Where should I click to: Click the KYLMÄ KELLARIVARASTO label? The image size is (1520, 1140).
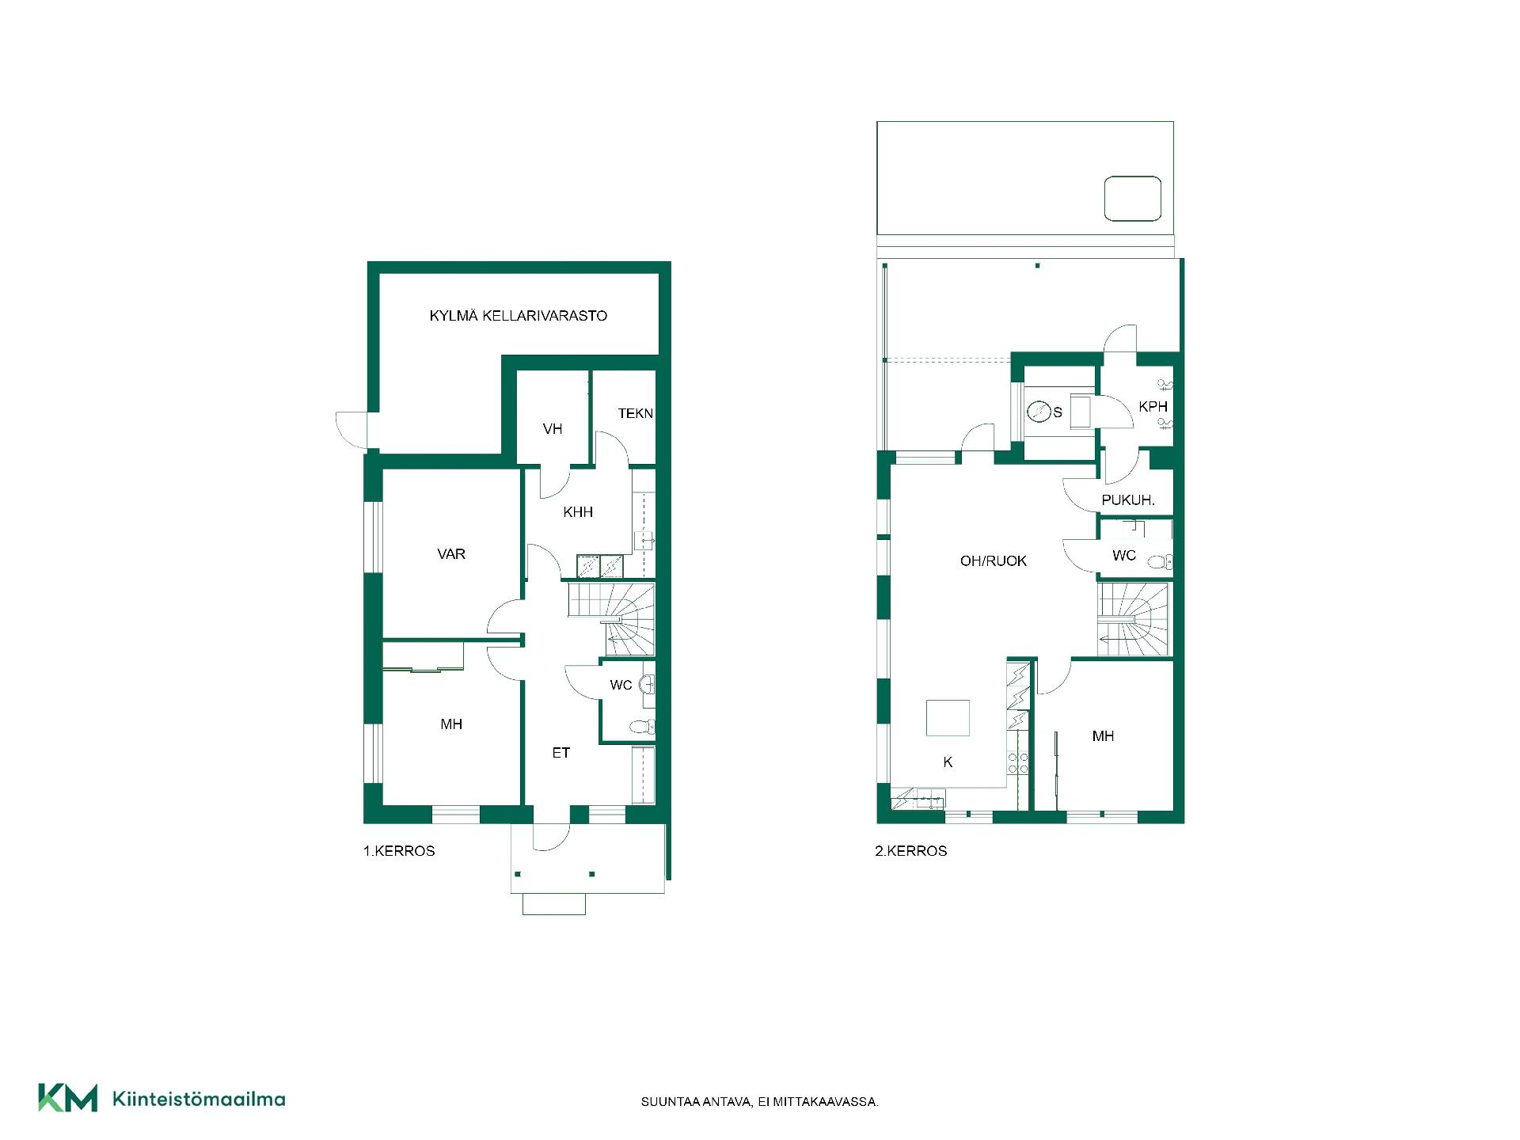point(518,316)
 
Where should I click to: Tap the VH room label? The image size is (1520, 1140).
point(553,429)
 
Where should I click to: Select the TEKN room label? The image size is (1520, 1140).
point(636,413)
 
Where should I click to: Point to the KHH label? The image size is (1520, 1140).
point(578,512)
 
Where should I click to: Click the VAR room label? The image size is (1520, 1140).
point(451,554)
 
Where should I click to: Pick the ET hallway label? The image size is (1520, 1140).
point(561,753)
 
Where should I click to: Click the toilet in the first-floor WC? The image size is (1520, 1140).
point(642,726)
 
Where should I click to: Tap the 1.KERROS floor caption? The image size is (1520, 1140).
point(399,851)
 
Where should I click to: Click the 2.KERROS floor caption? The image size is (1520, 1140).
point(911,851)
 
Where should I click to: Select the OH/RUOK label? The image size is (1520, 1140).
point(994,561)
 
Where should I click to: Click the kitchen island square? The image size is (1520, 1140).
point(948,717)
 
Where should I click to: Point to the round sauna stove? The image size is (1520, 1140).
point(1039,412)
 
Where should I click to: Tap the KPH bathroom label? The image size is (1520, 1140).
point(1153,407)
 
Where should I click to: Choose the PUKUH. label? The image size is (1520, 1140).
point(1128,500)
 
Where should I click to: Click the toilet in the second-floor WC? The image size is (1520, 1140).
point(1160,562)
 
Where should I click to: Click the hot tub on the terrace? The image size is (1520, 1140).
point(1133,199)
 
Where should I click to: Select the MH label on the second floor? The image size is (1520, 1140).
point(1103,736)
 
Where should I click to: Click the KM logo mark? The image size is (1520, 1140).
point(68,1098)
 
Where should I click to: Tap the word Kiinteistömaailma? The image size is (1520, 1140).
point(199,1099)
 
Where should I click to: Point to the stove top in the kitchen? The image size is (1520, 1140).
point(1017,762)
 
